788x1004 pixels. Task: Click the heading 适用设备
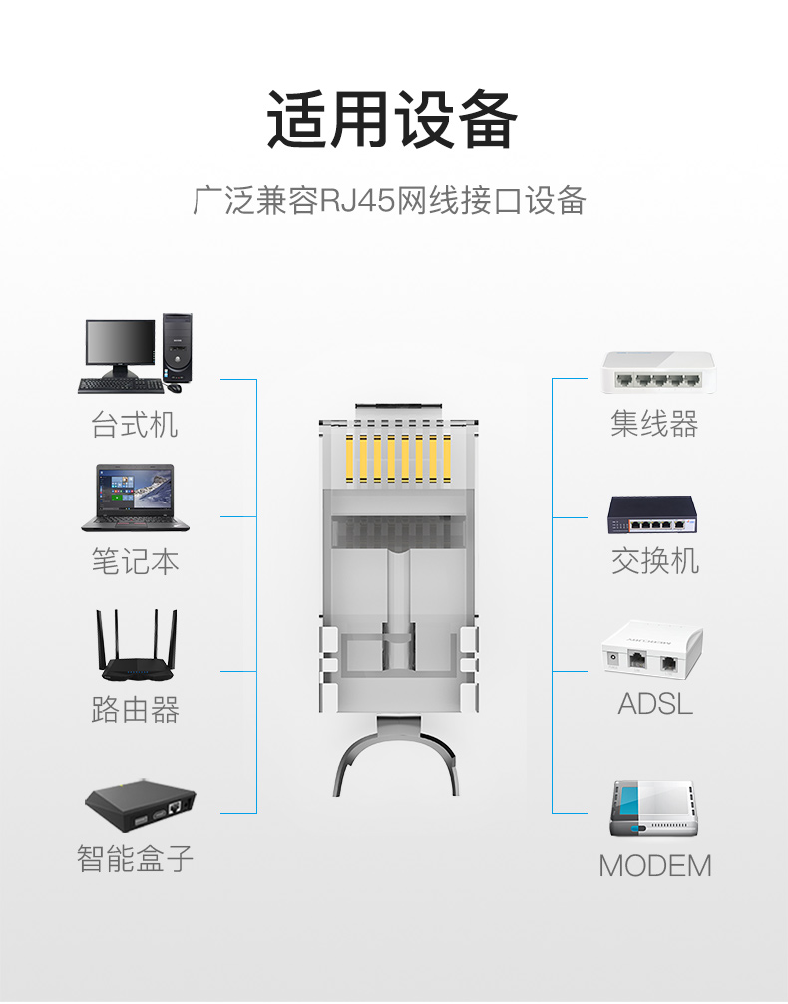tap(392, 119)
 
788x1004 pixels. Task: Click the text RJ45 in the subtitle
tap(357, 200)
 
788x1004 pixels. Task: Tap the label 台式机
tap(135, 424)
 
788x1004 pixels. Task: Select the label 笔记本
tap(135, 561)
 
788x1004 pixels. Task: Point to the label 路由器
tap(135, 709)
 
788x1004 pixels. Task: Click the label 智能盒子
tap(135, 858)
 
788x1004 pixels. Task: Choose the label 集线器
tap(654, 424)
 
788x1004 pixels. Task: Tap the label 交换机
tap(654, 561)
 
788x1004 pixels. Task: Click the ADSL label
tap(655, 704)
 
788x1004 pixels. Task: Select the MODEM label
tap(654, 866)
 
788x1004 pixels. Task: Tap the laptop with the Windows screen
tap(136, 498)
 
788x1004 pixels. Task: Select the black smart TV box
tap(141, 805)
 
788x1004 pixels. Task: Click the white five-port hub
tap(657, 372)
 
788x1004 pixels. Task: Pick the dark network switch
tap(652, 514)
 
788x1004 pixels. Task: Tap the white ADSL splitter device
tap(652, 649)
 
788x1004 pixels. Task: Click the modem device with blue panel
tap(652, 808)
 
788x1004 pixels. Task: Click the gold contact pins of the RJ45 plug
tap(398, 458)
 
